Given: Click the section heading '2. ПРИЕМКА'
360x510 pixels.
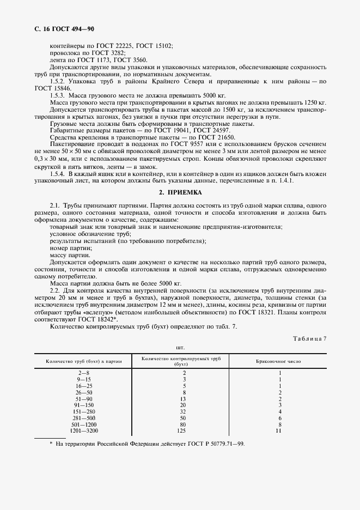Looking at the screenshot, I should [180, 192].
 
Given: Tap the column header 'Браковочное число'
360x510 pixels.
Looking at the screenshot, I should [279, 361].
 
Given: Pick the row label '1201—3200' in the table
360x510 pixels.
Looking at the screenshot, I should [85, 431].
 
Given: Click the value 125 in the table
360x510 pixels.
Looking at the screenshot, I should [184, 431].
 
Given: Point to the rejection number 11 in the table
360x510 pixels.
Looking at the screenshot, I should [279, 431].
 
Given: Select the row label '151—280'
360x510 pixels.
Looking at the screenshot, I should [85, 411].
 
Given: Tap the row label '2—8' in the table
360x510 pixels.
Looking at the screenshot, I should [85, 373].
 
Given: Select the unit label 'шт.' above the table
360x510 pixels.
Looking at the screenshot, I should [180, 347].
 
